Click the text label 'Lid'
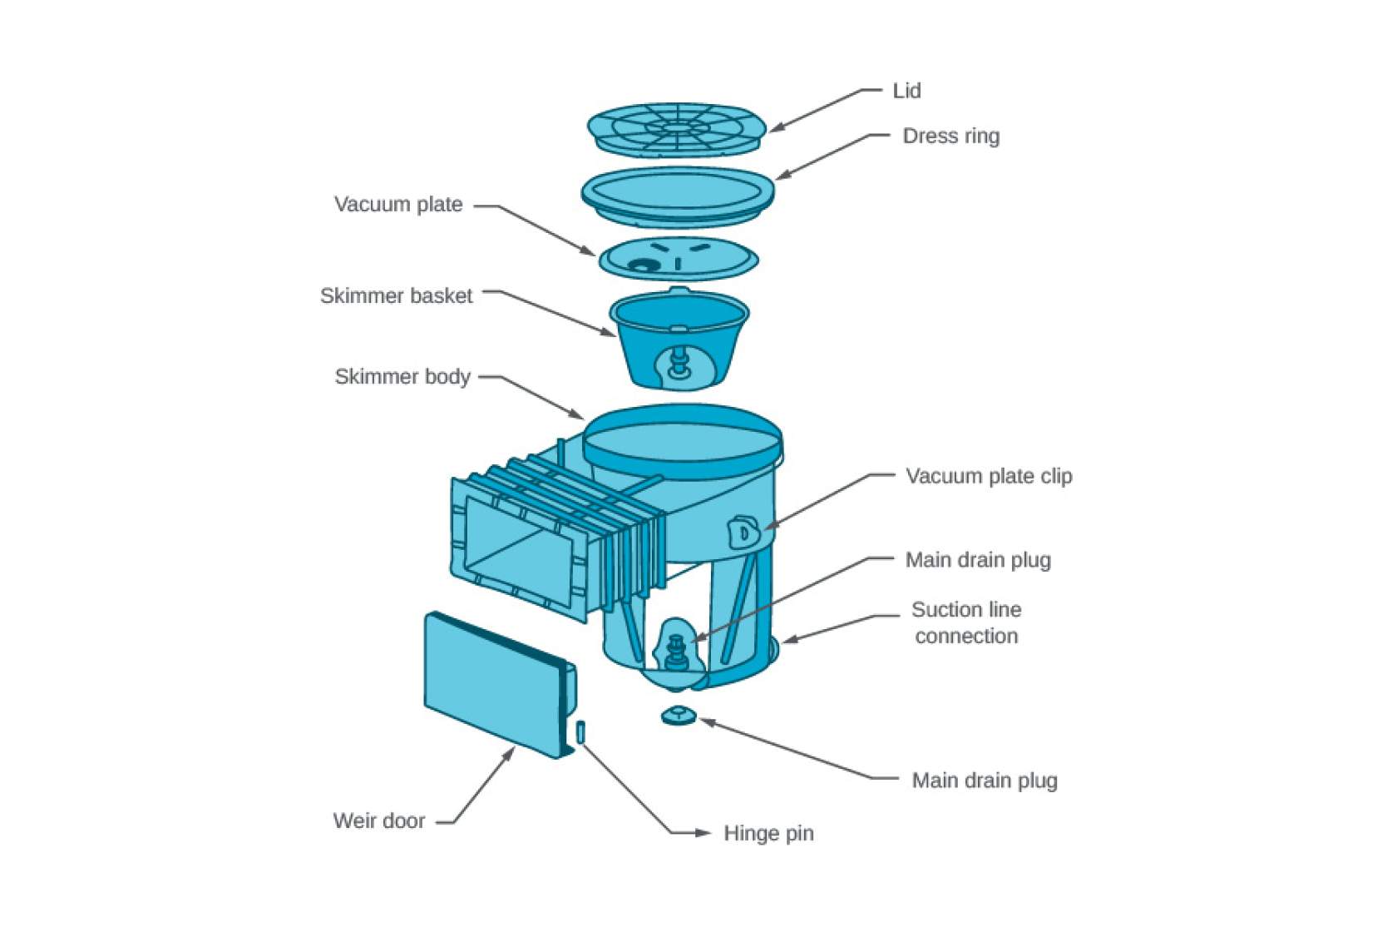coord(906,91)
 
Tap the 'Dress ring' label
coord(950,136)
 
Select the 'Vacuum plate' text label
coord(398,205)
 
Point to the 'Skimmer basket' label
coord(396,296)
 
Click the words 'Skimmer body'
coord(402,377)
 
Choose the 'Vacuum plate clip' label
coord(989,477)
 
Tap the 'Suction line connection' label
coord(966,622)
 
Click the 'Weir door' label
coord(379,821)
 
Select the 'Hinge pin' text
coord(768,834)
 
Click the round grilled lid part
coord(675,128)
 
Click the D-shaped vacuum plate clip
coord(744,533)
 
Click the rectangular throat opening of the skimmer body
coord(520,550)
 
